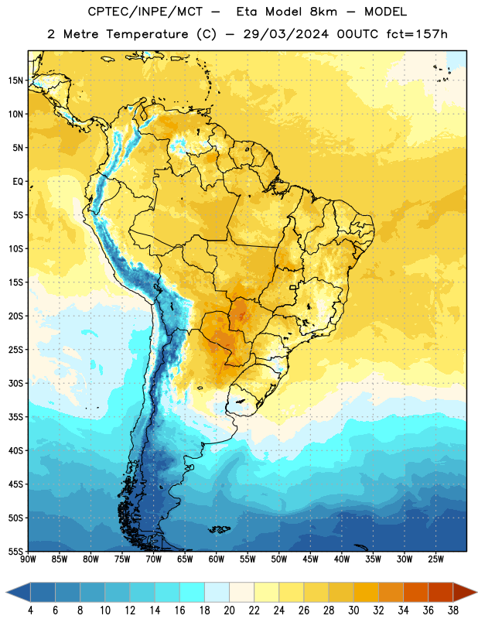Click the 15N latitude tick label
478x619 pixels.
click(x=15, y=80)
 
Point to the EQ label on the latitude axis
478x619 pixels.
click(x=18, y=182)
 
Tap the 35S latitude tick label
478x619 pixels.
click(x=15, y=417)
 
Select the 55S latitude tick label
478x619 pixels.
click(x=15, y=551)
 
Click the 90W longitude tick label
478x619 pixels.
click(x=28, y=559)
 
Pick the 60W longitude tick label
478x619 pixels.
click(x=217, y=559)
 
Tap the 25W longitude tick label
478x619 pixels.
click(x=435, y=559)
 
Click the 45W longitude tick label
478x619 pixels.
click(x=310, y=559)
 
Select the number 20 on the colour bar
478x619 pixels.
click(x=229, y=610)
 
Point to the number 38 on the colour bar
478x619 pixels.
click(x=453, y=610)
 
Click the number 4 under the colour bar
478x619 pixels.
click(x=30, y=610)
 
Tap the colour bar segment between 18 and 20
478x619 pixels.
click(x=217, y=592)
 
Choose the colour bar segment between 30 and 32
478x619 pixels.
click(x=366, y=592)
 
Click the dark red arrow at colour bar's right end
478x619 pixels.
click(x=465, y=592)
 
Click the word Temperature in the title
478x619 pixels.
click(x=147, y=34)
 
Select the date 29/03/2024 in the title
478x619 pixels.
click(x=285, y=34)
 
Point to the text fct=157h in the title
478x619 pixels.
click(x=417, y=34)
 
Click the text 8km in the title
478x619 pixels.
click(x=323, y=12)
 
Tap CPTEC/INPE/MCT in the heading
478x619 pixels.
click(x=145, y=12)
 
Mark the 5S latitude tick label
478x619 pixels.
click(x=18, y=215)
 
